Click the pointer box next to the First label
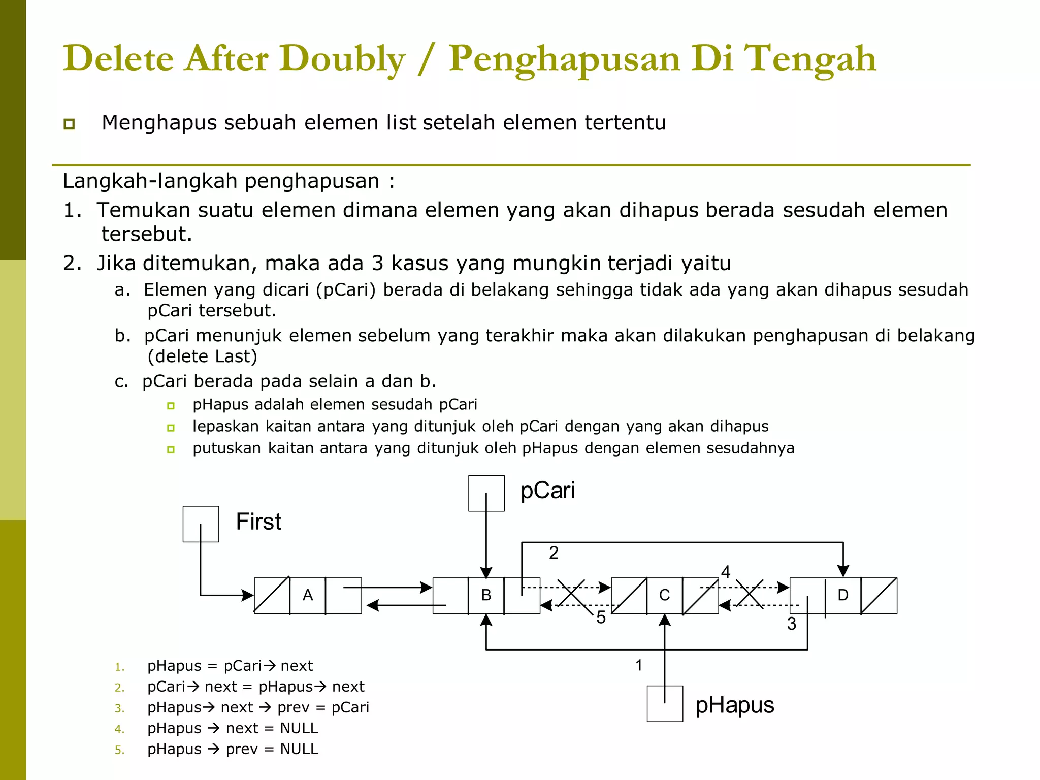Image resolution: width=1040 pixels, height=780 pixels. [201, 524]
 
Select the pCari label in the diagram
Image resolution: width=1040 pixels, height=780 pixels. [547, 491]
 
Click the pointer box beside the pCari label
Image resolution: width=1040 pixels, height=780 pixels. [486, 493]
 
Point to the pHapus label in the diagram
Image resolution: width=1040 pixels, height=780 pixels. [734, 705]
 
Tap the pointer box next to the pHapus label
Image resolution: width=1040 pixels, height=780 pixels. [665, 703]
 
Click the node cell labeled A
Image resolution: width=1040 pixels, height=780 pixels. [308, 595]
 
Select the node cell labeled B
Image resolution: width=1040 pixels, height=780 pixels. [486, 595]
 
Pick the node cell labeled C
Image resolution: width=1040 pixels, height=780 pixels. [664, 595]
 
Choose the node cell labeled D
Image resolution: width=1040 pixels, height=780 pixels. [843, 595]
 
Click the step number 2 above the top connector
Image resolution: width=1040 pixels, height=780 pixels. [554, 553]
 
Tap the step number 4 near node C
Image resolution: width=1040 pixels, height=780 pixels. [726, 572]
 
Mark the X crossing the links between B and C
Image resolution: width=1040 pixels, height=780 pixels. [572, 594]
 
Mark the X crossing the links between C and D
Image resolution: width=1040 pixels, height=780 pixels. [750, 594]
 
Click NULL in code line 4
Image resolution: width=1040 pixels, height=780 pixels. [299, 728]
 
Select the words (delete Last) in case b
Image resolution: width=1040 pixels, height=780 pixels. [202, 356]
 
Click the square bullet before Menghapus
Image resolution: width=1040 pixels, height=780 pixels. [70, 124]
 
